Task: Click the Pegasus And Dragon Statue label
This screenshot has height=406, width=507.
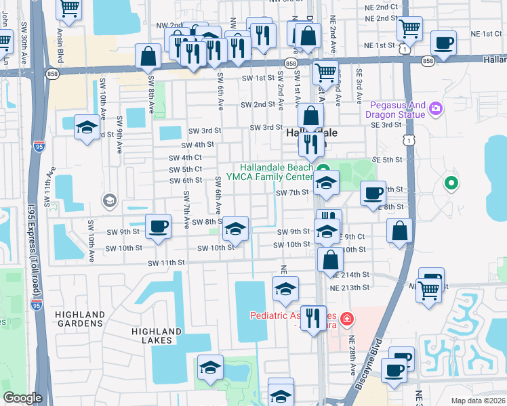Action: tap(398, 110)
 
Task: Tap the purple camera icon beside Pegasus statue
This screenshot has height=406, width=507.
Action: tap(436, 108)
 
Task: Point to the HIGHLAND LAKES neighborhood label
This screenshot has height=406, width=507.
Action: tap(157, 336)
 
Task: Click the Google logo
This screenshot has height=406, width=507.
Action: tap(22, 398)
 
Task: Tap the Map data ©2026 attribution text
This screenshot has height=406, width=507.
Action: tap(478, 401)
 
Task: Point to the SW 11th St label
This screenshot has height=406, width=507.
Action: tap(166, 263)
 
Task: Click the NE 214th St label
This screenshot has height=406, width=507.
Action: tap(350, 275)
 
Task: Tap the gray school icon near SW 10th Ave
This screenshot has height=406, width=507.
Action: tap(108, 200)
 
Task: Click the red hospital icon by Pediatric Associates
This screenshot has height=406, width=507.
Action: tap(347, 317)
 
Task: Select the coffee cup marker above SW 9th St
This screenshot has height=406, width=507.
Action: tap(158, 225)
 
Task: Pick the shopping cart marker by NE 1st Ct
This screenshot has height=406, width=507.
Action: tap(409, 28)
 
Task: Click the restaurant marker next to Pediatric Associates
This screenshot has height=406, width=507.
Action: tap(312, 317)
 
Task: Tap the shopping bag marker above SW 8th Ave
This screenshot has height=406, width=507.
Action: tap(148, 56)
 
